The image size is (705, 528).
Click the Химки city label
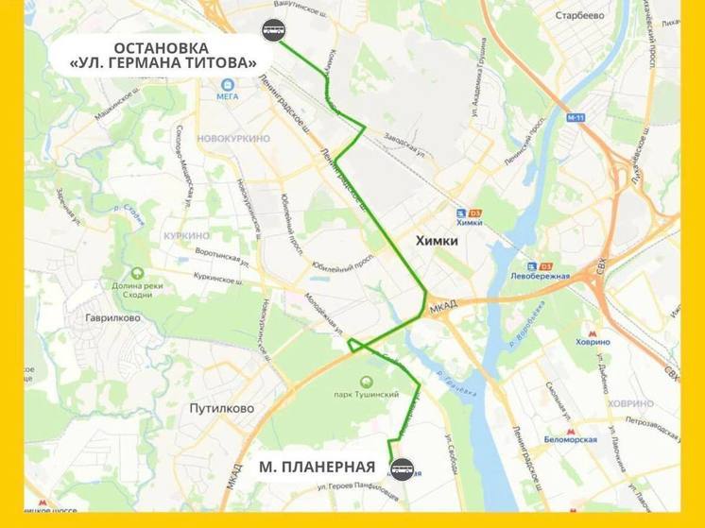click(x=437, y=242)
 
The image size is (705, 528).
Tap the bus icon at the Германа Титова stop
click(x=274, y=29)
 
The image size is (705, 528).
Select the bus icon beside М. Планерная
click(x=403, y=467)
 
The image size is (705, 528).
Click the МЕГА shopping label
click(x=228, y=94)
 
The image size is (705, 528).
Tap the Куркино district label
click(x=185, y=235)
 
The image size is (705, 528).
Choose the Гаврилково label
click(x=109, y=318)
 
